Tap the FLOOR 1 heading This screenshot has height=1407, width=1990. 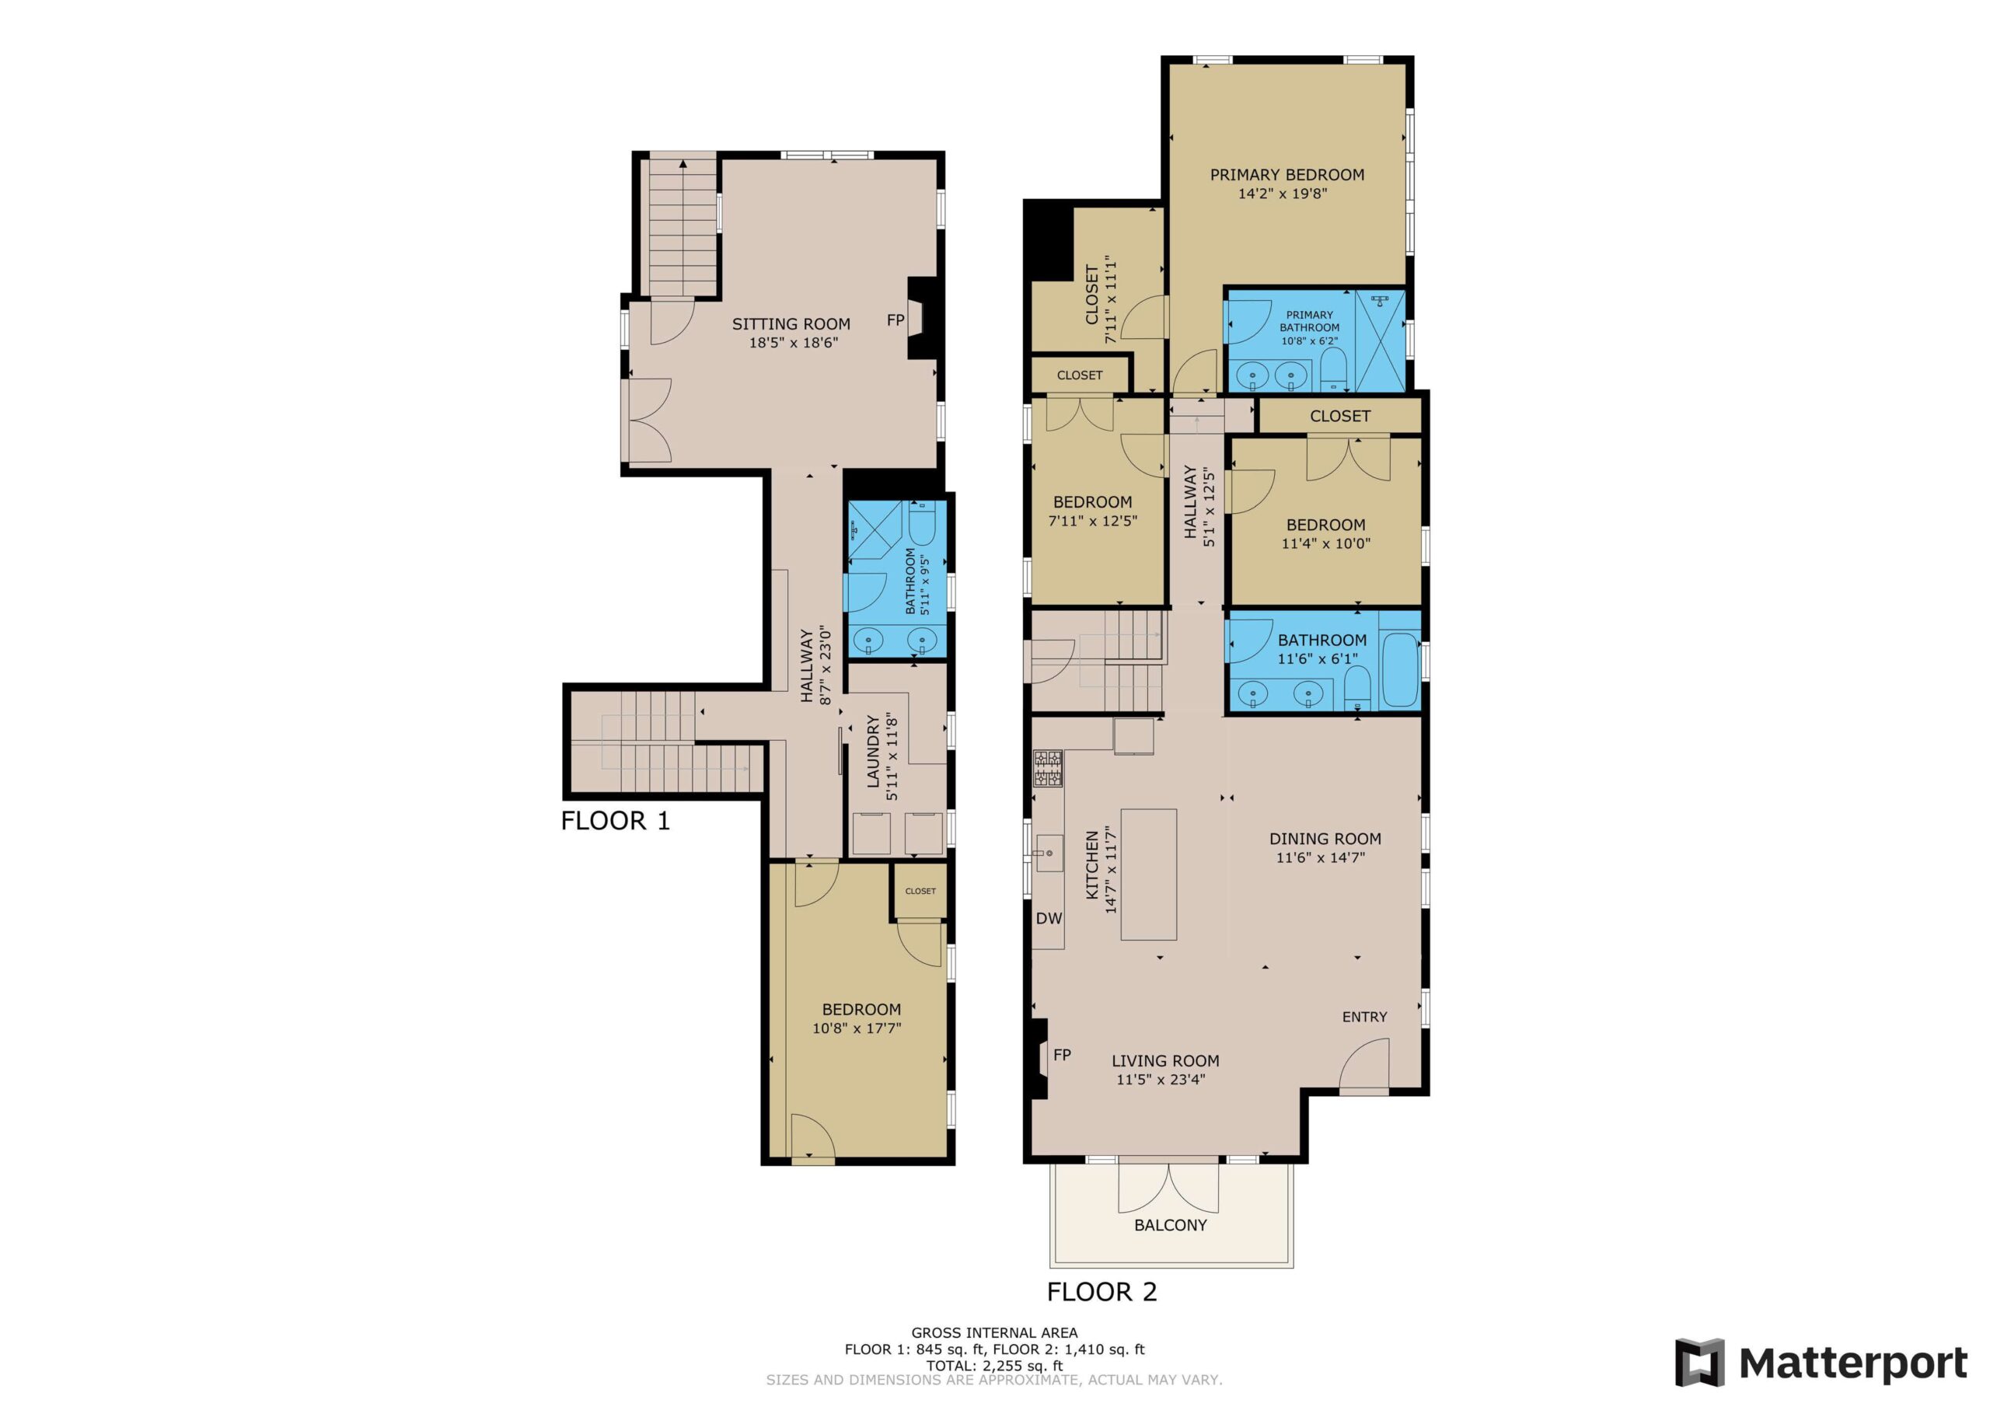[x=616, y=820]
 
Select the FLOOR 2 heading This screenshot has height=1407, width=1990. [x=1101, y=1292]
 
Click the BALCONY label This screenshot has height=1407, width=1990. [x=1170, y=1225]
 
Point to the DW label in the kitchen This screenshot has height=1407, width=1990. [x=1049, y=919]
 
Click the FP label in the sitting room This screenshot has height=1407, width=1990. [x=895, y=320]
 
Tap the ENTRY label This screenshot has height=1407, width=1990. [x=1364, y=1017]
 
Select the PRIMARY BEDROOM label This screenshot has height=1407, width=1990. [x=1287, y=174]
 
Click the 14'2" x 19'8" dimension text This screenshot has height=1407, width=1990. [x=1283, y=194]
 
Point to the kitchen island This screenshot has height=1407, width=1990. [x=1148, y=874]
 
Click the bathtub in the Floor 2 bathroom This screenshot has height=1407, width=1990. [x=1399, y=670]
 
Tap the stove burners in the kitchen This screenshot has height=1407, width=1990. [x=1048, y=769]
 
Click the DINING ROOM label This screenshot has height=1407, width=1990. [x=1325, y=838]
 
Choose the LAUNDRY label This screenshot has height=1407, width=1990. [x=874, y=751]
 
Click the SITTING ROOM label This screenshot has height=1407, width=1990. [x=791, y=324]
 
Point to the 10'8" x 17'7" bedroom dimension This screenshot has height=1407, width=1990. [x=857, y=1029]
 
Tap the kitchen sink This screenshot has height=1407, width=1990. [x=1049, y=853]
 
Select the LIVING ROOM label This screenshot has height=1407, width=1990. [x=1165, y=1060]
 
